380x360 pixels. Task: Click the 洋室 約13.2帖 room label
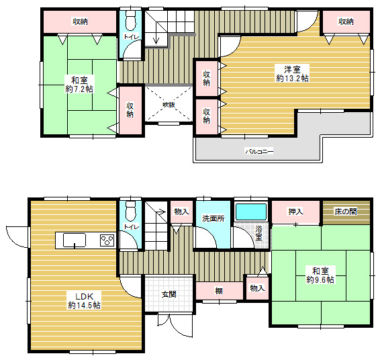292,73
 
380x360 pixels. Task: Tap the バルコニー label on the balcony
259,152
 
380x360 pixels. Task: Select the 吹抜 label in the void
169,105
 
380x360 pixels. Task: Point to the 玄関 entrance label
169,294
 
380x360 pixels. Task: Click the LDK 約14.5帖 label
85,301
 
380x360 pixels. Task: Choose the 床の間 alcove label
346,212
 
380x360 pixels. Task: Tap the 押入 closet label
295,212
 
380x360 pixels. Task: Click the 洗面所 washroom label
213,218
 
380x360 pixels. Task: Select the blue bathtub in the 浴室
251,212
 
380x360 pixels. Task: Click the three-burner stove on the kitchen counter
107,240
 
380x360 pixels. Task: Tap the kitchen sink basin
75,240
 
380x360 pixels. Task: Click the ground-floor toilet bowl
131,210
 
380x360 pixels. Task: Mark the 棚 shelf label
219,291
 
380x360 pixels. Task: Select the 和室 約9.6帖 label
320,275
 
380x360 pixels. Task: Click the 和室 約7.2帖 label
79,85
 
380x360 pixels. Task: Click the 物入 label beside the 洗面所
181,212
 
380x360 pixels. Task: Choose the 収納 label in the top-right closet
346,21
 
